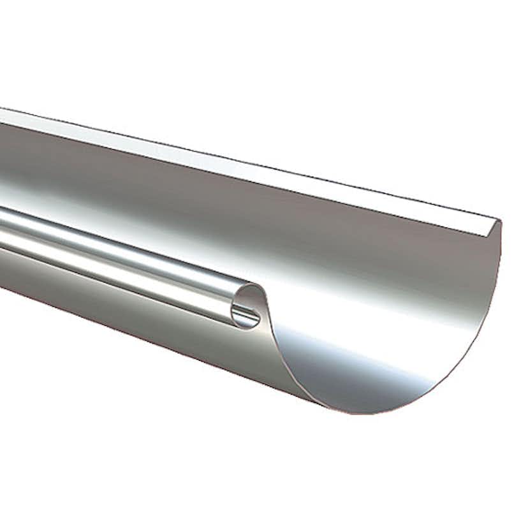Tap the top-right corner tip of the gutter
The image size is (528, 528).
pyautogui.click(x=499, y=221)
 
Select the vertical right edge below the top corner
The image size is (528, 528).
pyautogui.click(x=498, y=268)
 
